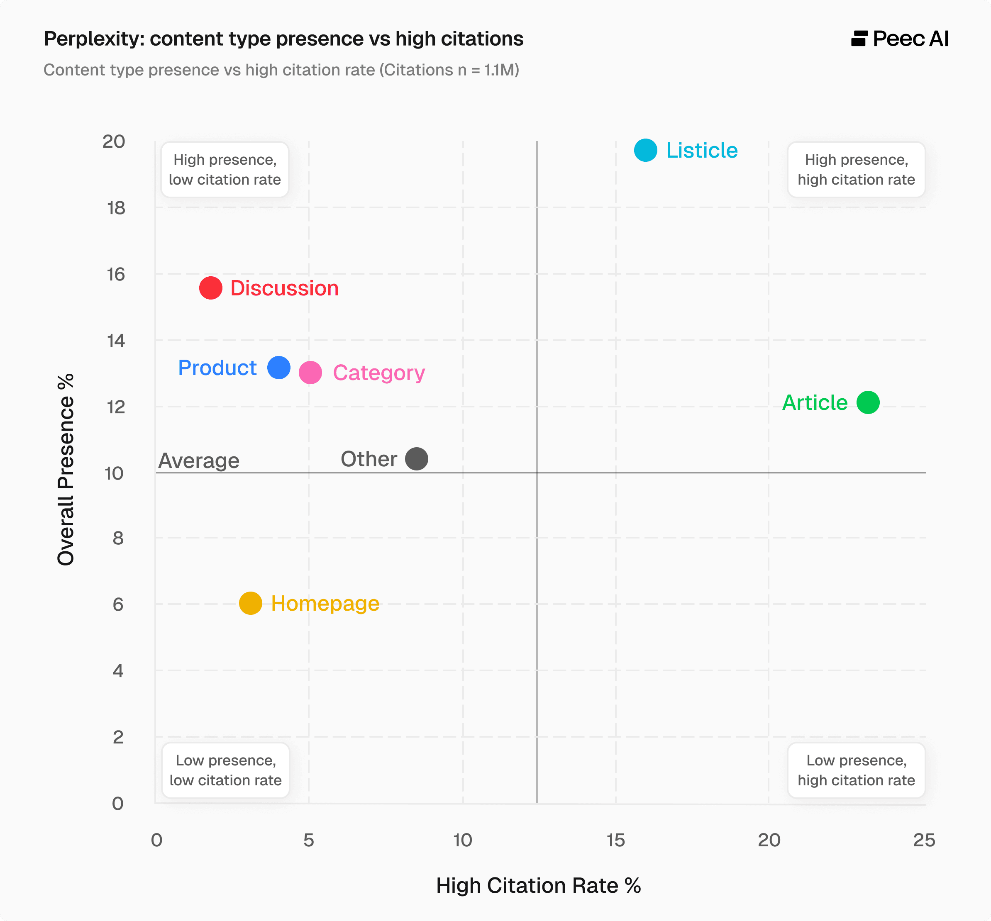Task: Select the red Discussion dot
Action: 210,288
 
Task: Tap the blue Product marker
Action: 278,368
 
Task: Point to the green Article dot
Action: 868,402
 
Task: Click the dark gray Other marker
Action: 416,458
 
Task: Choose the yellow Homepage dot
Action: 250,604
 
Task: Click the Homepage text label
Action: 325,604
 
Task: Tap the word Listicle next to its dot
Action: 701,151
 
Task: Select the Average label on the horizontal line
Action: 199,460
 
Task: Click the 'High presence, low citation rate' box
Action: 225,169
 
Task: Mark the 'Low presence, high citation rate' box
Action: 856,770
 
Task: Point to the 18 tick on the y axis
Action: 116,208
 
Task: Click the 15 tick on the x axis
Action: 615,840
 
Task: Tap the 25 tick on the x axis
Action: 924,840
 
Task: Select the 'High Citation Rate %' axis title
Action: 538,886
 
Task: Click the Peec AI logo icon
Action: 859,38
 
